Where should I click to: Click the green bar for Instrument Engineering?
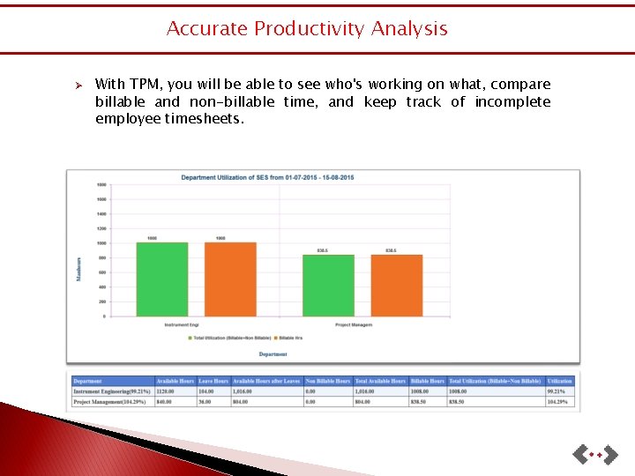tap(162, 279)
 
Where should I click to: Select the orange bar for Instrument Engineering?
tap(230, 279)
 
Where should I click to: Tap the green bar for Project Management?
tap(328, 285)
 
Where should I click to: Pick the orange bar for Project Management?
tap(396, 285)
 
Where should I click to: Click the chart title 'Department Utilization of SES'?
tap(267, 178)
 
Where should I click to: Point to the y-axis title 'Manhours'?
tap(78, 269)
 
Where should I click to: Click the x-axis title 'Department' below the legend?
tap(273, 354)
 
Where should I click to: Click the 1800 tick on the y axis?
tap(101, 185)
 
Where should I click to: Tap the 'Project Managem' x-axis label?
tap(353, 324)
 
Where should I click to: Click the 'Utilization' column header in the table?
tap(560, 381)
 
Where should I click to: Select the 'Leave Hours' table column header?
tap(213, 381)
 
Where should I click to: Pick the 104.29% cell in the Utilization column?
tap(558, 402)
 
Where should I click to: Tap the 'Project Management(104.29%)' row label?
tap(110, 402)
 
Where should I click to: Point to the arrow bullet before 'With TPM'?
tap(78, 86)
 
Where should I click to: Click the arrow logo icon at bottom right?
tap(593, 455)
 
